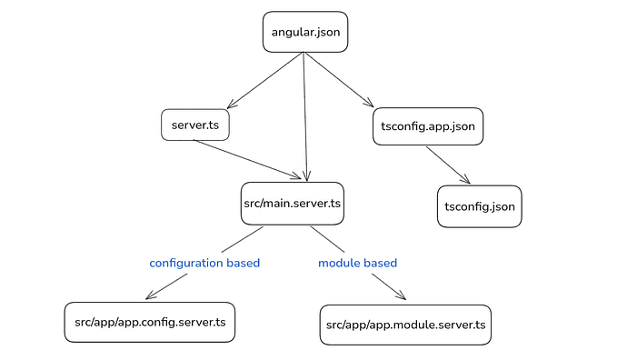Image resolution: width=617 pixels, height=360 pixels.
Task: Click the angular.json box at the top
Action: (305, 33)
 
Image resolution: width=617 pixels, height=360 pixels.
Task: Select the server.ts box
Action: (194, 125)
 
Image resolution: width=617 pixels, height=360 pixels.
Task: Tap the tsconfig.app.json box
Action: (428, 126)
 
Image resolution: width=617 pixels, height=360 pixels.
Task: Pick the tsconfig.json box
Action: (480, 206)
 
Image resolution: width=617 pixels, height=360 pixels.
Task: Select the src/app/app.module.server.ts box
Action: (405, 325)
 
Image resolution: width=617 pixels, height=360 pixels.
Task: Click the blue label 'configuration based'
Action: (204, 263)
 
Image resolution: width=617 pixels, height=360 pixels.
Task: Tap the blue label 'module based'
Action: (357, 263)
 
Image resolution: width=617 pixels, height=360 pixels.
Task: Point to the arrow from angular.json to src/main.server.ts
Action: (305, 118)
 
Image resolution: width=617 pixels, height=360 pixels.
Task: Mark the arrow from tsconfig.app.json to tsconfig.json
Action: (448, 165)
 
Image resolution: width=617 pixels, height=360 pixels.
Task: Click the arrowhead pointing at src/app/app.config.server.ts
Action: (150, 295)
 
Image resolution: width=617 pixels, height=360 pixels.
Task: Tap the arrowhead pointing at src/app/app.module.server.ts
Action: (401, 297)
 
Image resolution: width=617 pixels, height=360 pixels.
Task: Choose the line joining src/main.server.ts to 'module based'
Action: (331, 240)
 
